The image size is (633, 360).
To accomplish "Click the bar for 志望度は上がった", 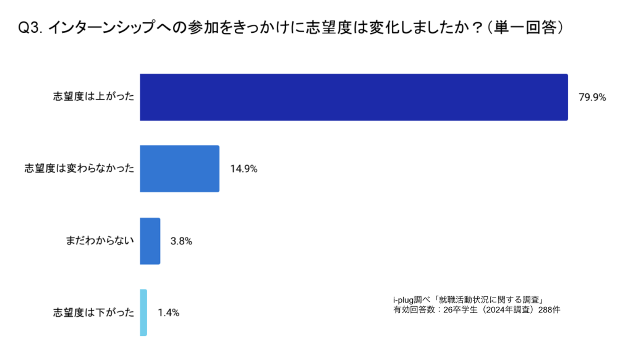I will tap(354, 97).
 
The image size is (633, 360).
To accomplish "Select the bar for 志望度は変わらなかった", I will tap(180, 169).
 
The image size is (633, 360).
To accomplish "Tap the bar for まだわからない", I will tap(150, 241).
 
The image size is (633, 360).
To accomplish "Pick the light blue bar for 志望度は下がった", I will tap(143, 312).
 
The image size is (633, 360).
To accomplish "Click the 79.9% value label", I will tap(592, 98).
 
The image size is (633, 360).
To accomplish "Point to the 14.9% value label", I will tap(244, 169).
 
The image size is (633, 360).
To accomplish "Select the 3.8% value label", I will tap(181, 241).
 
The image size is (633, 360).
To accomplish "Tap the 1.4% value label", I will tap(168, 313).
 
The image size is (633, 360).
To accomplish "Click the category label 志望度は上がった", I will tap(93, 98).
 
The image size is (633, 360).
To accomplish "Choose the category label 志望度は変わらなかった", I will tap(79, 169).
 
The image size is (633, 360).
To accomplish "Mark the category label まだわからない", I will tap(100, 241).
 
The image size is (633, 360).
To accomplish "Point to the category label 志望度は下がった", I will tap(93, 313).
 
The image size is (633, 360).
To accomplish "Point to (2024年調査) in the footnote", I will tap(503, 309).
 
